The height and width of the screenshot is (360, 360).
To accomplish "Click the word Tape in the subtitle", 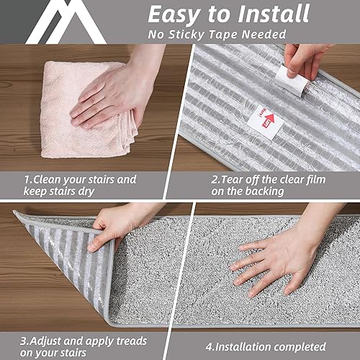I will tap(235, 35).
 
